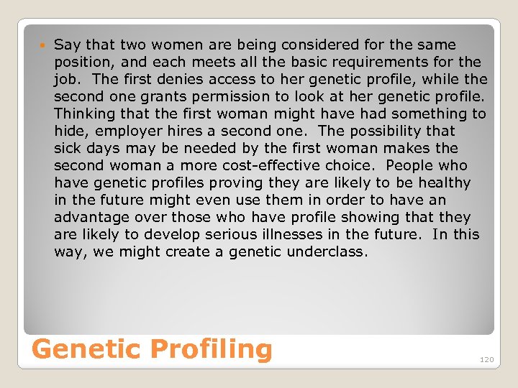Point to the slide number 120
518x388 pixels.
[x=487, y=359]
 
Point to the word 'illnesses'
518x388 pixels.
[x=304, y=234]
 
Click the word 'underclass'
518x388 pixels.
[x=327, y=251]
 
